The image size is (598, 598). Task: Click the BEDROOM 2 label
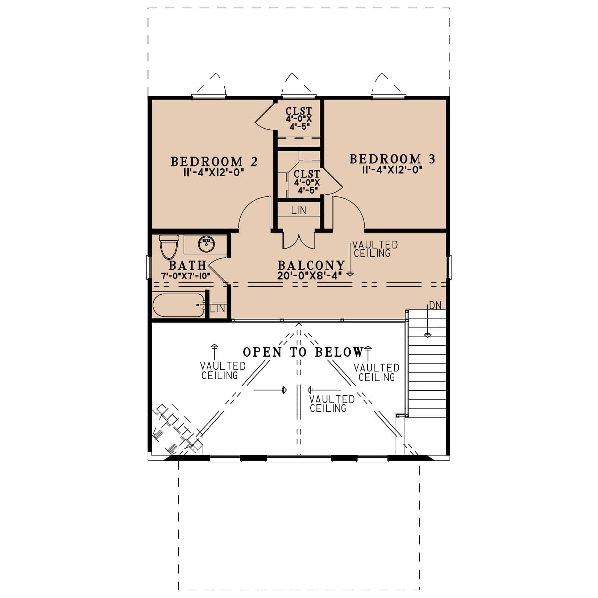coord(214,162)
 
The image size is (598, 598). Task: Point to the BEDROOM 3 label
coord(392,159)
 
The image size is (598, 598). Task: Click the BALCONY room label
coord(311,266)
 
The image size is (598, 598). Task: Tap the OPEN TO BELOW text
coord(303,352)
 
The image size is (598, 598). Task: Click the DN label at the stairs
coord(435,306)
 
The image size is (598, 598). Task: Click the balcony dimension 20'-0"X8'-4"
coord(310,276)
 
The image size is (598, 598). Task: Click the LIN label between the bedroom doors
coord(299,210)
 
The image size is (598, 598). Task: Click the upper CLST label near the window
coord(299,111)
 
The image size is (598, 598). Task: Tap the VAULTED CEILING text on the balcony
coord(375,249)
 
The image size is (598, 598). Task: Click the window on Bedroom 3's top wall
coord(388,97)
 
